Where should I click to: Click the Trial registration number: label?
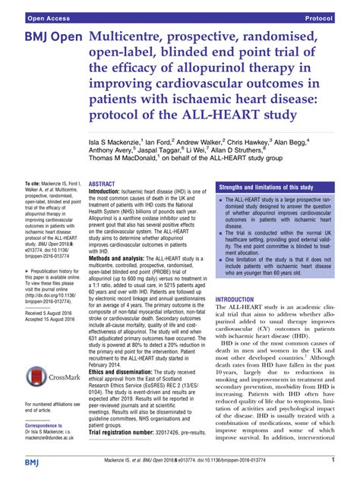(132, 453)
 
